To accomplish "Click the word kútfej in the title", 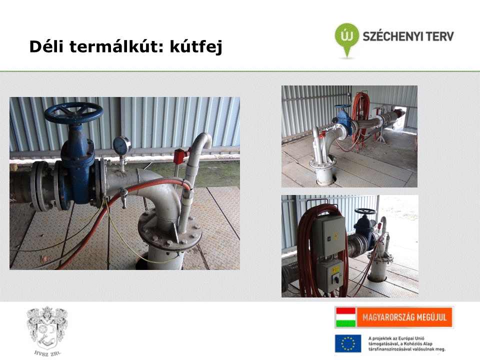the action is [196, 47].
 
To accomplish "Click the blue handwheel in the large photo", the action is [73, 112].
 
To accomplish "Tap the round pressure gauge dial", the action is [121, 145].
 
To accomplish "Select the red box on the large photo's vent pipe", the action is [178, 156].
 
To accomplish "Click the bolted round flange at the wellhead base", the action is [170, 230].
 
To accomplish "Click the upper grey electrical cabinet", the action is [328, 235].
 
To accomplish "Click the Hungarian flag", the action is [345, 317].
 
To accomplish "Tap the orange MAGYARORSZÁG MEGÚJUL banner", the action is [404, 317].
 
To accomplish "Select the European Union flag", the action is [348, 343].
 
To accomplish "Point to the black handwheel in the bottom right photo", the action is [365, 211].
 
